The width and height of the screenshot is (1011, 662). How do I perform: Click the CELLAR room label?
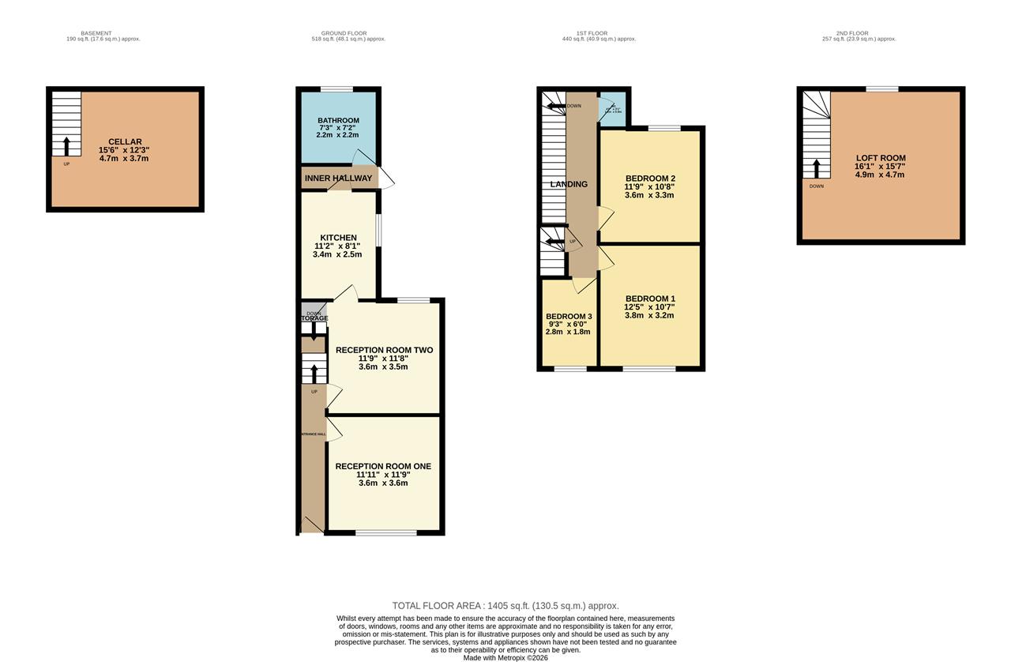pyautogui.click(x=125, y=142)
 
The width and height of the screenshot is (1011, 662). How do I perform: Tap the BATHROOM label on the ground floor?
pyautogui.click(x=338, y=121)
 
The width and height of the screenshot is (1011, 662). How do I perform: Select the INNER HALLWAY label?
pyautogui.click(x=338, y=179)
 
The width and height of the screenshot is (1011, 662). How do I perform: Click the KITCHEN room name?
pyautogui.click(x=338, y=238)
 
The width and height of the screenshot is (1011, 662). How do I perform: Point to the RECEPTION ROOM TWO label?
pyautogui.click(x=384, y=350)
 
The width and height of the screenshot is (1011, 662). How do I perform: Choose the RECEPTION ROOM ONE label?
pyautogui.click(x=383, y=466)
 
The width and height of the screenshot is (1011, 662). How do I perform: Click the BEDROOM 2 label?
pyautogui.click(x=649, y=178)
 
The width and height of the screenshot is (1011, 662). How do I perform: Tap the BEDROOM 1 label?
pyautogui.click(x=649, y=299)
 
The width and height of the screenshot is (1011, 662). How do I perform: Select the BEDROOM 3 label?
pyautogui.click(x=569, y=316)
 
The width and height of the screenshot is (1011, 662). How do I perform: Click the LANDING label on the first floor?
pyautogui.click(x=569, y=184)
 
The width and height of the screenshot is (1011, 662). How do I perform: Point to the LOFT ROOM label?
pyautogui.click(x=881, y=158)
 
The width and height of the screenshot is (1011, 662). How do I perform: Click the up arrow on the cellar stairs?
pyautogui.click(x=66, y=146)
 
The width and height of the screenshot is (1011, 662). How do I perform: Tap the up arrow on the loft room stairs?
pyautogui.click(x=817, y=167)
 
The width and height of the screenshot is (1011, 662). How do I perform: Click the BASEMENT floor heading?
pyautogui.click(x=96, y=33)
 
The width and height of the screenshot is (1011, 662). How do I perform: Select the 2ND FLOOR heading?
pyautogui.click(x=852, y=33)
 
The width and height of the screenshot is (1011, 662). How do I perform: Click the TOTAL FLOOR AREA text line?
pyautogui.click(x=505, y=606)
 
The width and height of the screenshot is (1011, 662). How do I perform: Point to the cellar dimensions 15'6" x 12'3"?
pyautogui.click(x=125, y=150)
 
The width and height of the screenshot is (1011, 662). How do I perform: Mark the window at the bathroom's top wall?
pyautogui.click(x=336, y=89)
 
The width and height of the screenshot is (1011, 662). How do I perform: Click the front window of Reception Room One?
pyautogui.click(x=385, y=533)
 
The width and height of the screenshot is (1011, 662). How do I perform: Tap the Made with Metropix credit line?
pyautogui.click(x=505, y=657)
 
